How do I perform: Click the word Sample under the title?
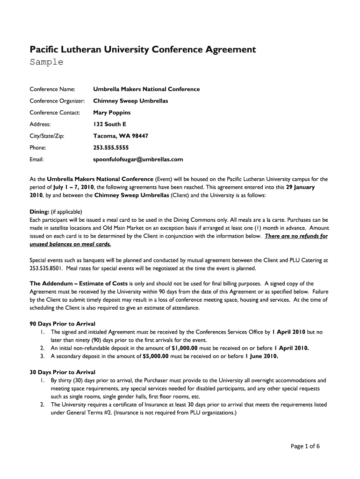click(x=46, y=62)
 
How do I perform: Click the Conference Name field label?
click(x=52, y=89)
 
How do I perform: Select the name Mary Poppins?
click(x=112, y=112)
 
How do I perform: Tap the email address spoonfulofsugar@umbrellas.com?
click(x=138, y=159)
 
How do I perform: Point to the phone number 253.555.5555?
click(x=111, y=147)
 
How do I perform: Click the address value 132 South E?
click(x=109, y=124)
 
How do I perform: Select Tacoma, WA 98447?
click(x=121, y=136)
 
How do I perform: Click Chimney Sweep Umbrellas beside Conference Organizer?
click(x=130, y=101)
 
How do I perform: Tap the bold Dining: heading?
click(x=40, y=212)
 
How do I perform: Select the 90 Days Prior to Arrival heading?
click(x=63, y=324)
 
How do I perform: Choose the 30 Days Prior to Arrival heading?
click(x=63, y=372)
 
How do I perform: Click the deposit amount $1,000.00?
click(x=185, y=348)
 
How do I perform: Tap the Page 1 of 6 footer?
click(x=305, y=446)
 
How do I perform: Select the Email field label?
click(x=36, y=159)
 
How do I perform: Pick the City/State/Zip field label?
click(x=47, y=136)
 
